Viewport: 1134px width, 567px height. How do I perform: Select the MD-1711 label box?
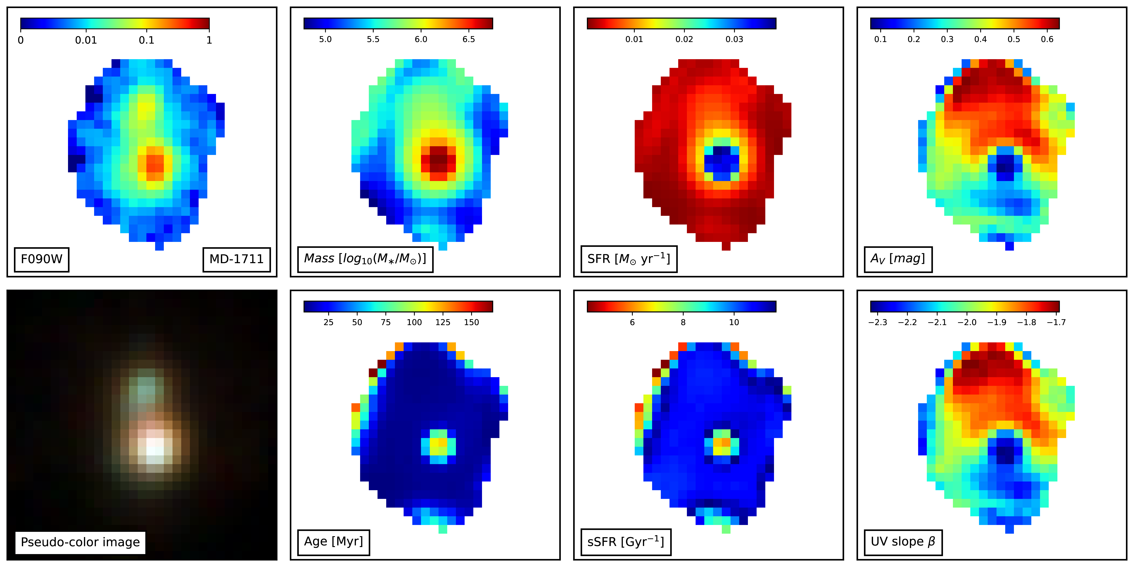coord(236,259)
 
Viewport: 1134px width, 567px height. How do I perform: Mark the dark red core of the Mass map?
coord(438,159)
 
